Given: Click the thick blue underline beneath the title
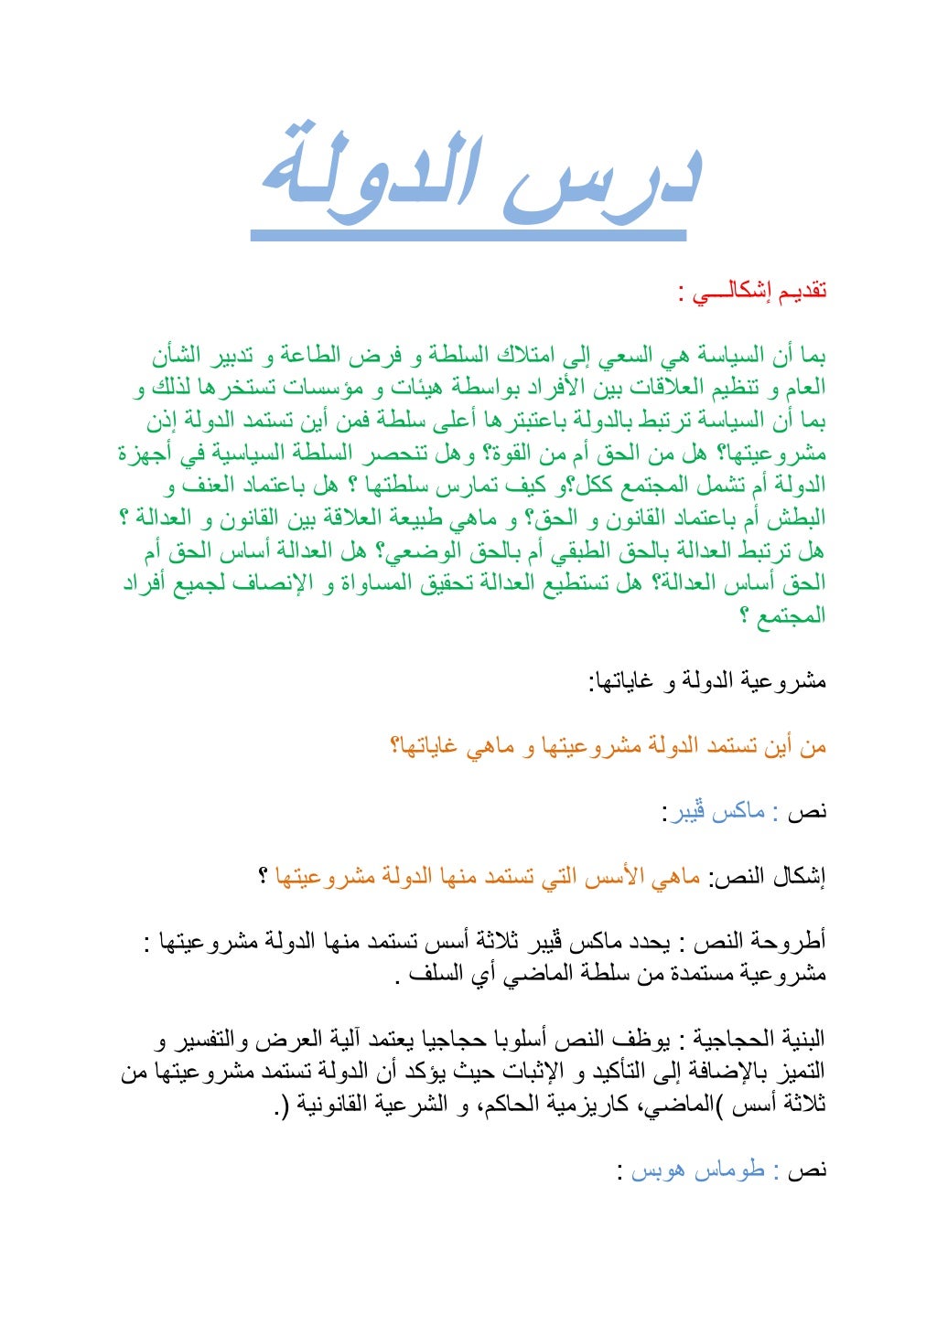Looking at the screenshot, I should tap(468, 235).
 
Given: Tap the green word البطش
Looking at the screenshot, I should tap(798, 519).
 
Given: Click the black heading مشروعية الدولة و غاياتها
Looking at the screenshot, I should tap(707, 681).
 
